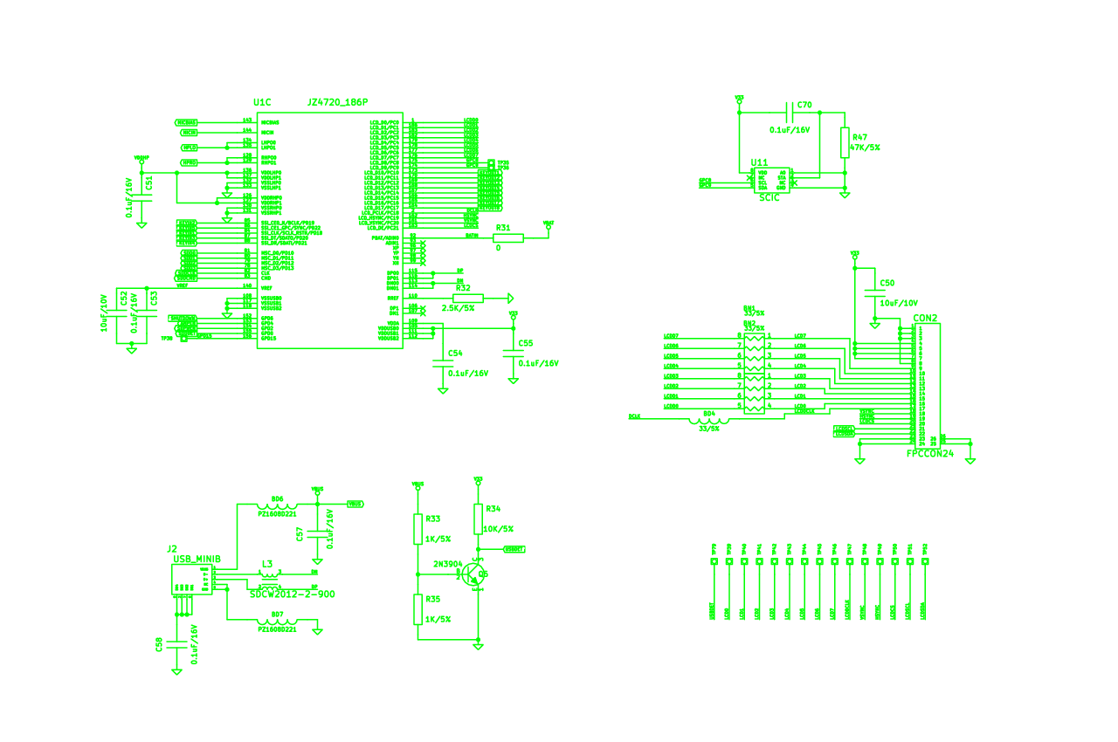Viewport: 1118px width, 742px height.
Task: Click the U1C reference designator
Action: point(262,103)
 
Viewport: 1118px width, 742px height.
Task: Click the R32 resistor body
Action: point(468,298)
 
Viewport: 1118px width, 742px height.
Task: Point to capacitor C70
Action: point(791,112)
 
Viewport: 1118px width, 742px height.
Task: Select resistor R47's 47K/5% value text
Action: point(866,148)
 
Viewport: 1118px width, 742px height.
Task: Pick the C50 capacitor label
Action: point(887,283)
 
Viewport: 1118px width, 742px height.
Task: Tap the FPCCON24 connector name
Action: point(929,453)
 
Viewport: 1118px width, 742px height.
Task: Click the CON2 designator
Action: point(925,318)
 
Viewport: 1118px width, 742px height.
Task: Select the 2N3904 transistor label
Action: point(448,564)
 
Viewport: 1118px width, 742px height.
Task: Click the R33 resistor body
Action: point(418,529)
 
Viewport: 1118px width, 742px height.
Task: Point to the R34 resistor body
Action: point(478,519)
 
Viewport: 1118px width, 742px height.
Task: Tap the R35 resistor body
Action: point(418,609)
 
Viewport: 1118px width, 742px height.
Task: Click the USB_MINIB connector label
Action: point(197,559)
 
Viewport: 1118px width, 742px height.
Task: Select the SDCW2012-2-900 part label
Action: point(292,594)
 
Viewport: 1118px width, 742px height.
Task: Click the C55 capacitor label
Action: point(525,343)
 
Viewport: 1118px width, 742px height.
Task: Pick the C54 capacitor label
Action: point(454,354)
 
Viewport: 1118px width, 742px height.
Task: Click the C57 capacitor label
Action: point(300,533)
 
